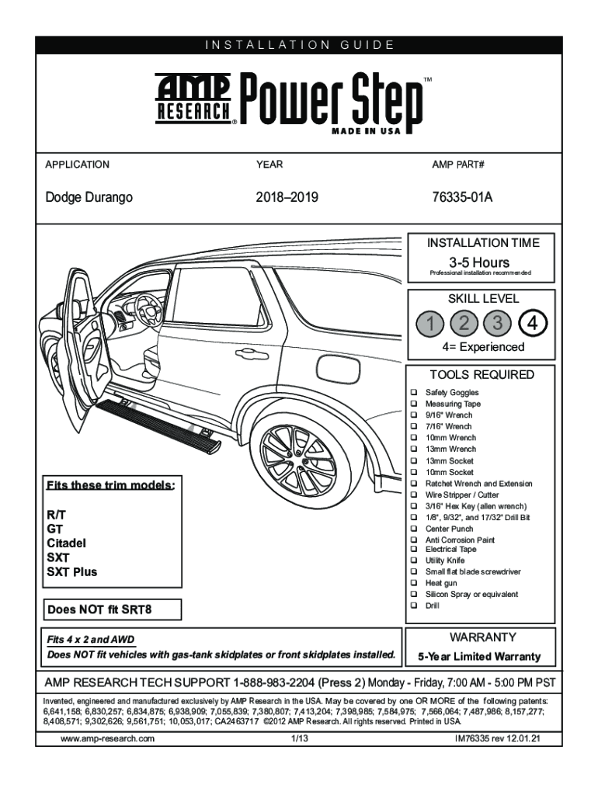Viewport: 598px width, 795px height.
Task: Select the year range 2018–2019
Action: (287, 197)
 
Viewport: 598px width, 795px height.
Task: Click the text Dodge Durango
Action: (89, 197)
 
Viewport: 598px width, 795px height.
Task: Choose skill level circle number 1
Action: (429, 321)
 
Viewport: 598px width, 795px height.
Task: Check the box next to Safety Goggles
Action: (414, 393)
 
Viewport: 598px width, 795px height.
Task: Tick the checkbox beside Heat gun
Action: (414, 583)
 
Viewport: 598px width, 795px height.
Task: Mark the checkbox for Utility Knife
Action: (414, 560)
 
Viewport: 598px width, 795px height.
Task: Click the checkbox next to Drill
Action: (414, 606)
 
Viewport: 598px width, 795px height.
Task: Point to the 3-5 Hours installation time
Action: (479, 262)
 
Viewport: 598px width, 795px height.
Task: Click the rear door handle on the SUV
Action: (247, 354)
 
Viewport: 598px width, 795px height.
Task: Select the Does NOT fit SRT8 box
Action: (113, 609)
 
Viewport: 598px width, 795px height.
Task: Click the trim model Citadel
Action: (67, 543)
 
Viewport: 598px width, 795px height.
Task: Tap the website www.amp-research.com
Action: (107, 738)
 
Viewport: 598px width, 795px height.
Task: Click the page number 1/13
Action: (298, 738)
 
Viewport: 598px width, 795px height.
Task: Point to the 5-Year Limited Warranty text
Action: (479, 656)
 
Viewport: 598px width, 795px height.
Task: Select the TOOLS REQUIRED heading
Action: (482, 374)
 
